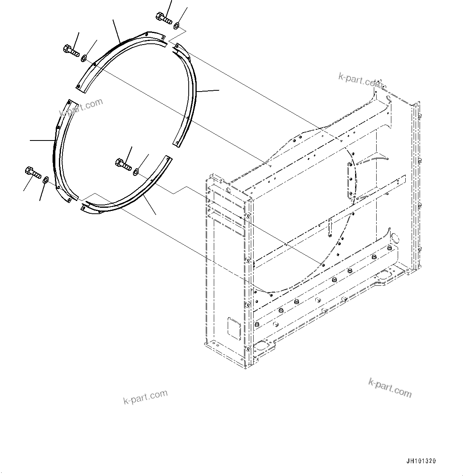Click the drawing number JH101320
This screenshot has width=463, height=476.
point(421,461)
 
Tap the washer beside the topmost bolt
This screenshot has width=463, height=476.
point(176,26)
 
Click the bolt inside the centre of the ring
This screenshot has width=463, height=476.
point(123,164)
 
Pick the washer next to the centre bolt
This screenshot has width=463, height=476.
point(137,172)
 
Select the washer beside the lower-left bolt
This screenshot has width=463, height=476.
point(45,180)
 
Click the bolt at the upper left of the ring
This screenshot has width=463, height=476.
point(70,51)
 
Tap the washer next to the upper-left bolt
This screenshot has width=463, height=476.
point(84,59)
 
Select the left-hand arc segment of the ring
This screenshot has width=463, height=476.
point(58,151)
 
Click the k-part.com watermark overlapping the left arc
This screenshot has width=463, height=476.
point(81,107)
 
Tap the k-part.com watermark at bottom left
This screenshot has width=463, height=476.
point(145,396)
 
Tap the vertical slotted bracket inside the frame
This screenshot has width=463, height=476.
point(350,181)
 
